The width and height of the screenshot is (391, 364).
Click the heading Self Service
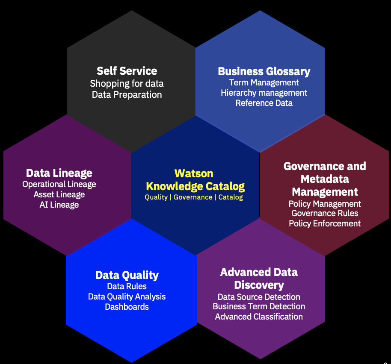(127, 71)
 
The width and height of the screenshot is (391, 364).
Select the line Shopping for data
(127, 84)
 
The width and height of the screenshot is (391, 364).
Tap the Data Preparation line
(127, 95)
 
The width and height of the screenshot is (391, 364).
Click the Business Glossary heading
(264, 71)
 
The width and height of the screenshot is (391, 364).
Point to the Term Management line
(264, 82)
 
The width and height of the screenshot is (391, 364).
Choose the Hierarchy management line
(264, 93)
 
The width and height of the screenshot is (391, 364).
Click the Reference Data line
(264, 103)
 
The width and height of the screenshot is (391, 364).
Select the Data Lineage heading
(59, 173)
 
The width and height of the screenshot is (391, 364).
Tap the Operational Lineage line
(59, 184)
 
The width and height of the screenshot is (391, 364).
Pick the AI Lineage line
(59, 205)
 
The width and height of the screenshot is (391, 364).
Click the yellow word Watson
(194, 173)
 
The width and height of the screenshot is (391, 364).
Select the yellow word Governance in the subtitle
(193, 197)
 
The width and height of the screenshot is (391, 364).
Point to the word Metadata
(325, 179)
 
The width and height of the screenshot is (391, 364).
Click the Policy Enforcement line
(325, 223)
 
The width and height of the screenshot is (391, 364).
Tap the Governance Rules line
(325, 213)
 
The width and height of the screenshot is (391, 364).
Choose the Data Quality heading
(127, 276)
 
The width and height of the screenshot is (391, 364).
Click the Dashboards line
(127, 307)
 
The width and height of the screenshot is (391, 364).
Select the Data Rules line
(127, 286)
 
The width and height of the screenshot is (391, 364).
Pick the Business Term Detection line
(259, 306)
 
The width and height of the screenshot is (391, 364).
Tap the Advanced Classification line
(259, 317)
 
